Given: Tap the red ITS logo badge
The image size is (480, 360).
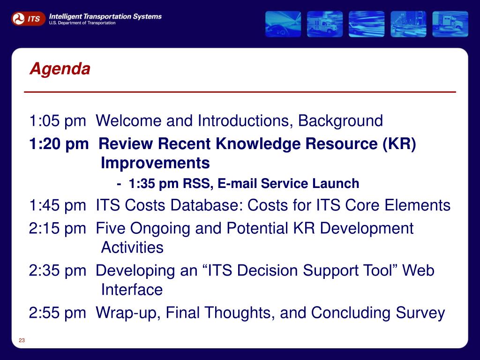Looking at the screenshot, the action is (28, 19).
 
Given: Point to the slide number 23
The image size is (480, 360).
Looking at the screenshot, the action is (22, 340).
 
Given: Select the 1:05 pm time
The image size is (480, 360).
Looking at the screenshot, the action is (58, 121).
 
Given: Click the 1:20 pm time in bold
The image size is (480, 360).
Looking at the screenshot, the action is (59, 144).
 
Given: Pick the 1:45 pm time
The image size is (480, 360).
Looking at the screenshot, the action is (58, 205).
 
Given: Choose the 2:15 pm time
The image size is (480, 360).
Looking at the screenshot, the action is (58, 229).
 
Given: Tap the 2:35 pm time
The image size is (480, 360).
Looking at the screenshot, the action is (58, 271).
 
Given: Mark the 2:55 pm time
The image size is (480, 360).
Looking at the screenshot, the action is (58, 313).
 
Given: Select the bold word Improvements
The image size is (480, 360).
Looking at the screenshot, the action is (155, 163).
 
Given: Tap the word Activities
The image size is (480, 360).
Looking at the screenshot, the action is (132, 247).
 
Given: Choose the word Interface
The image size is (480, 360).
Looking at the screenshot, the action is (132, 290).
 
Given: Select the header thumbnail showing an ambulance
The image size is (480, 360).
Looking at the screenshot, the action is (325, 24).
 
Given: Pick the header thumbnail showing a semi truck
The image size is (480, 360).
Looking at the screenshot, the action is (450, 24).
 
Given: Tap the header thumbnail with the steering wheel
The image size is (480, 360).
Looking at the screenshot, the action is (283, 24).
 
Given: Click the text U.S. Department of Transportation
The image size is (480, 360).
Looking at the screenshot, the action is (82, 23).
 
